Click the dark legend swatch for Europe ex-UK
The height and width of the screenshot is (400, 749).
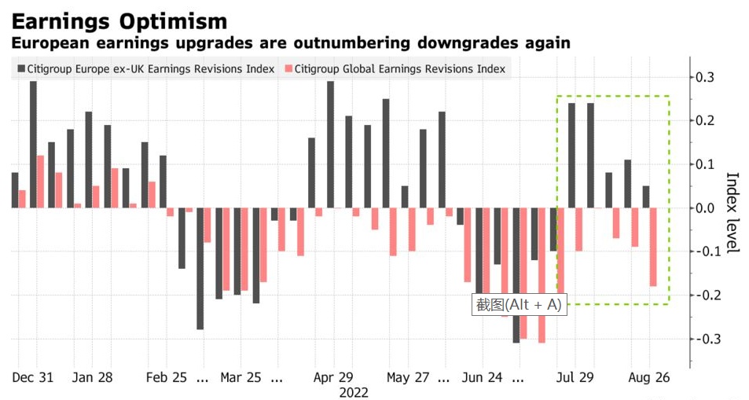pos(20,69)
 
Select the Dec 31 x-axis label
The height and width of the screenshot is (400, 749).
pos(33,377)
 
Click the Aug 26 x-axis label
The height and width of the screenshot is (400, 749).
pos(649,377)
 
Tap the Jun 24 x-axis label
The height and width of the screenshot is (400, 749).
pos(482,377)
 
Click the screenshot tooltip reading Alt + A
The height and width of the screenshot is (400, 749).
pos(518,304)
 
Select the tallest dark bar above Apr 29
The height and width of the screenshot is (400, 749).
pos(330,145)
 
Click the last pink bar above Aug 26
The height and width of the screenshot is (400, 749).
pos(653,247)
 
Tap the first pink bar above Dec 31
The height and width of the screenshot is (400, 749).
pos(22,199)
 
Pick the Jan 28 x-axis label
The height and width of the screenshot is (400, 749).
pos(92,377)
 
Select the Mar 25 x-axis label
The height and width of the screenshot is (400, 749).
pos(241,377)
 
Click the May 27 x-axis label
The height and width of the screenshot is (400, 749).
pos(408,377)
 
